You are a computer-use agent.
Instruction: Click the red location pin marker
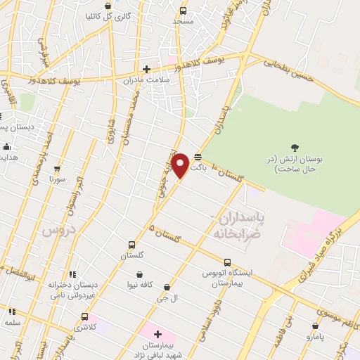(x=181, y=165)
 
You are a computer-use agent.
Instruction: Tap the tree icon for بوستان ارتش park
(x=295, y=148)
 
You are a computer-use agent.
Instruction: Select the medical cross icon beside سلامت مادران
(x=146, y=69)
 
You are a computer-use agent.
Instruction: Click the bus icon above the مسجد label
(x=183, y=11)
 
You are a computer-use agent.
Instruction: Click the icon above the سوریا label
(x=57, y=169)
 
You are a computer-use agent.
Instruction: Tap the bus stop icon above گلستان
(x=131, y=245)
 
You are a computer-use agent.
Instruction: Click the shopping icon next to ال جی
(x=167, y=287)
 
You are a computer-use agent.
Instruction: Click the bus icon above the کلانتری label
(x=84, y=316)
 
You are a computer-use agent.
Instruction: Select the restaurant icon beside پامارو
(x=316, y=327)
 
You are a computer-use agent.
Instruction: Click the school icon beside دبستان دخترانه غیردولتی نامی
(x=72, y=274)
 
